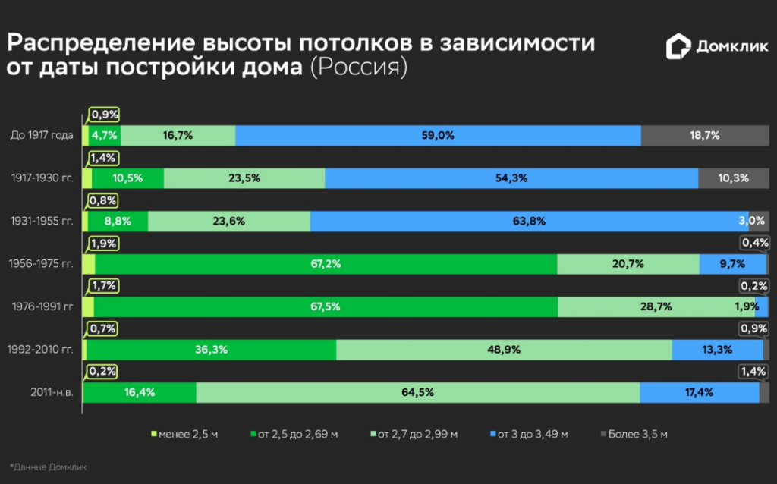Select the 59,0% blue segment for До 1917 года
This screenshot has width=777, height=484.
click(438, 136)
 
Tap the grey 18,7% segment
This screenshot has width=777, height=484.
click(704, 136)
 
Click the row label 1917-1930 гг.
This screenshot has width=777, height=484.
click(42, 178)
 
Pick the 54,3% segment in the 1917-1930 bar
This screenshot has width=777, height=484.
click(511, 178)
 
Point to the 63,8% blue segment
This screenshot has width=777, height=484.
click(529, 222)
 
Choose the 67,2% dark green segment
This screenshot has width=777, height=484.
click(326, 264)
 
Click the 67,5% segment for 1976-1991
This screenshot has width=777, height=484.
click(326, 307)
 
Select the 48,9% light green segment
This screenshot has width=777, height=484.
click(504, 350)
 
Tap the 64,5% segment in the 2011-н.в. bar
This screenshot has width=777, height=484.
click(417, 393)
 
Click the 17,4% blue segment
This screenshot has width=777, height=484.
click(699, 393)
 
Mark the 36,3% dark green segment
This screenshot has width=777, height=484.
click(210, 350)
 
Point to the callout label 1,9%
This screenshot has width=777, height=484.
click(104, 244)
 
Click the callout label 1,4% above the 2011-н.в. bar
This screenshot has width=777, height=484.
click(753, 372)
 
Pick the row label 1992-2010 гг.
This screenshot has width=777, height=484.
click(40, 350)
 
